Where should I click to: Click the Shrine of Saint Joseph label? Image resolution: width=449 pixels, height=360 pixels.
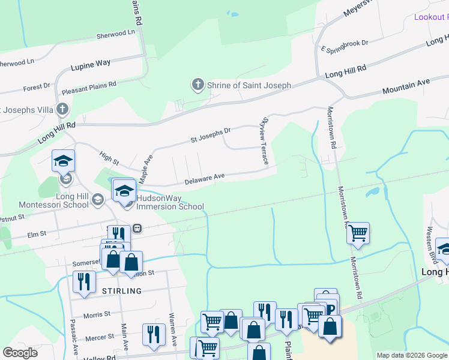coord(249,85)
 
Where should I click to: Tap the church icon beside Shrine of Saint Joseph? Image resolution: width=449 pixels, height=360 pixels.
coord(198,85)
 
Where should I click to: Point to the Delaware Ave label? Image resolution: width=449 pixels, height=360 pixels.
coord(204,176)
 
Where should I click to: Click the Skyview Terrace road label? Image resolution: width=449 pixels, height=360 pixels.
coord(262,142)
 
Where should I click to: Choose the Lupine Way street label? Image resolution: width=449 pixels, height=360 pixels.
coord(91,62)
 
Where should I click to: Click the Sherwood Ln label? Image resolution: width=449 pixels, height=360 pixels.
coord(116,35)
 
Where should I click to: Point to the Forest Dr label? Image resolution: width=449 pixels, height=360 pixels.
coord(37,88)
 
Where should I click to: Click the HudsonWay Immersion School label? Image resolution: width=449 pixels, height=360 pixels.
coord(170,202)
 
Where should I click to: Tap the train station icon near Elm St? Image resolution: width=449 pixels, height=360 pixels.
coord(137,227)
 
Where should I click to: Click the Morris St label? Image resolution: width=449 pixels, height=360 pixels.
coord(97,314)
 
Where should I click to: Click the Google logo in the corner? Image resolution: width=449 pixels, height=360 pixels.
coord(20,353)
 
